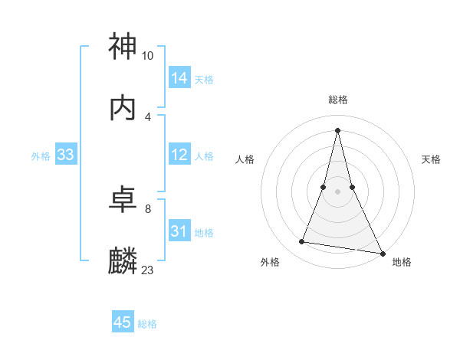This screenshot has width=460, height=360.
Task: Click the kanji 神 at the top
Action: point(123,47)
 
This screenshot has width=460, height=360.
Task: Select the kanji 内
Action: point(123,108)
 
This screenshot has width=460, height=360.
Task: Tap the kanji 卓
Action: point(123,200)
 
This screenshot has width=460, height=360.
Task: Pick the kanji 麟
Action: point(123,261)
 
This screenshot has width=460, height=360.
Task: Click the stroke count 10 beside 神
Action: point(148,56)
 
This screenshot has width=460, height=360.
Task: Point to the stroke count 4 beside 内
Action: point(148,116)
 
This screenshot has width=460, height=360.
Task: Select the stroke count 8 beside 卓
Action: point(148,208)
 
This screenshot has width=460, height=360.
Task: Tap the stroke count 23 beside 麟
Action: point(148,270)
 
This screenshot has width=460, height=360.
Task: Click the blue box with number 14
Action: point(179,78)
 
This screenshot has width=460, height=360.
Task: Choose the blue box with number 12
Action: point(179,155)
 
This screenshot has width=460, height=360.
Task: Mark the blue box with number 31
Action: point(179,231)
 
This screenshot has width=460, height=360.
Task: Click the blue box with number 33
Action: point(65,155)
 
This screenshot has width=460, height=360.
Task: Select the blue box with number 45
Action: point(123,322)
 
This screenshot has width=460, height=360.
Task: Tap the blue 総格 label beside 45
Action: point(148,324)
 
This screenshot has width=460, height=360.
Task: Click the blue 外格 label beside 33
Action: point(41,155)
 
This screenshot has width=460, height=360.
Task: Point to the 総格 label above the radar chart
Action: point(338,100)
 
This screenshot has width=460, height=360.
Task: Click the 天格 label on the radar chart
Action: point(431,159)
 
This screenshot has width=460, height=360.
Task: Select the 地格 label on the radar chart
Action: point(402,262)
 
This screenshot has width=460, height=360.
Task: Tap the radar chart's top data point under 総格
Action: point(338,129)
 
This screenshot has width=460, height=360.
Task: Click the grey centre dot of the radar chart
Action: point(338,191)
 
